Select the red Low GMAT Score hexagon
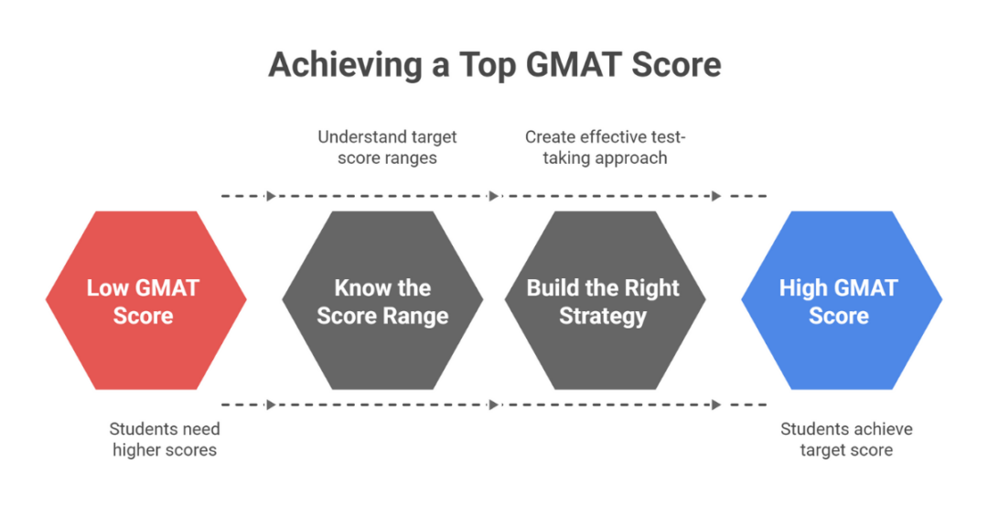tap(145, 300)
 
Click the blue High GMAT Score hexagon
tap(841, 300)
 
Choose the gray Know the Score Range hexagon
tap(382, 300)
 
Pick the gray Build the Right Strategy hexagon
tap(604, 300)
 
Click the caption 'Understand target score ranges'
tap(387, 147)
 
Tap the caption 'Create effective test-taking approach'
tap(605, 147)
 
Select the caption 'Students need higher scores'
tap(165, 439)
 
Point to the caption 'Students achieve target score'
tap(846, 439)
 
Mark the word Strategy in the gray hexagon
tap(603, 318)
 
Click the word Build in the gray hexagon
tap(553, 288)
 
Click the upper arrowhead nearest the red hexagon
tap(270, 196)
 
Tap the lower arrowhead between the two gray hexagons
tap(494, 404)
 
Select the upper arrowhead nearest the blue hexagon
tap(716, 196)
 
